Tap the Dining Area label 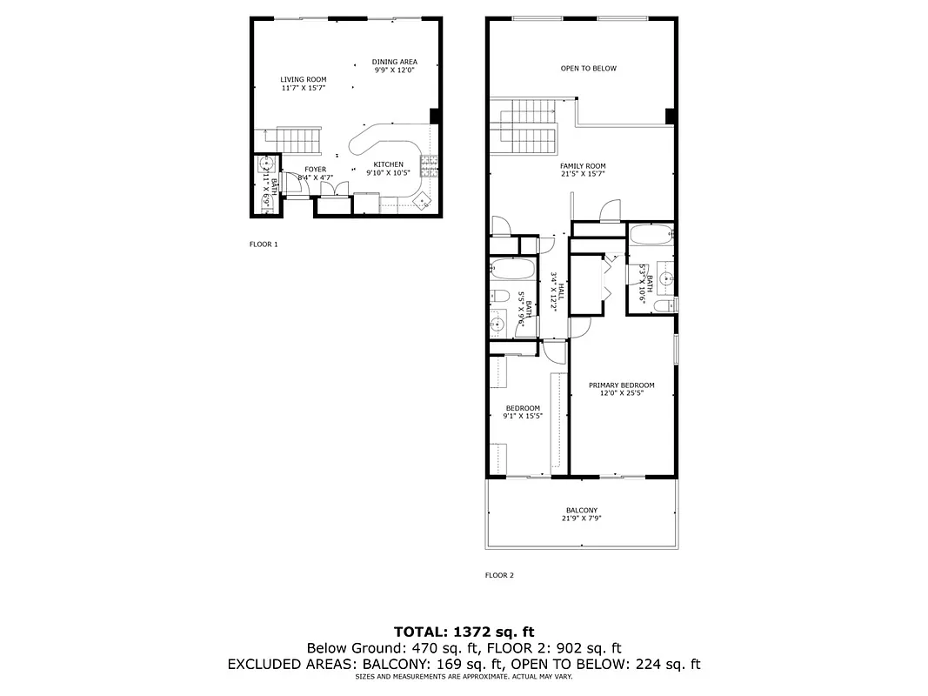(395, 62)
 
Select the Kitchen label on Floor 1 (388, 164)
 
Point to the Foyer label (315, 170)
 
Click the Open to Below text (588, 68)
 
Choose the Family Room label (583, 165)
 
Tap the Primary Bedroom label (621, 385)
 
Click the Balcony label (581, 511)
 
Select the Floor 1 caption (264, 244)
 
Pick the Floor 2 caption (499, 575)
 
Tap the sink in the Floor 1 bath (265, 164)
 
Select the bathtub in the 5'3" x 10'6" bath (650, 234)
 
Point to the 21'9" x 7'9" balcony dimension (581, 519)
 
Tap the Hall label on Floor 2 (561, 288)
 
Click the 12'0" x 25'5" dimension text (621, 393)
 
